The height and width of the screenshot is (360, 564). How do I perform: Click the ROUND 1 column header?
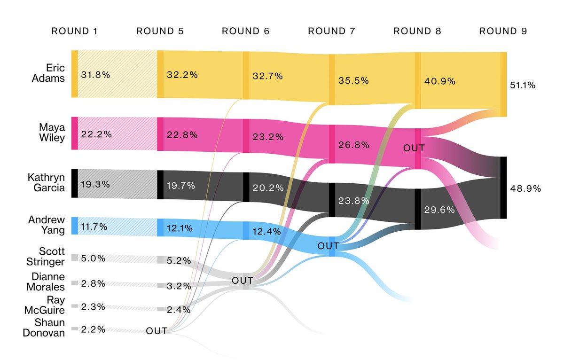[x=74, y=31]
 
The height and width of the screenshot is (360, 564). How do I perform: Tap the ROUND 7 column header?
[x=331, y=31]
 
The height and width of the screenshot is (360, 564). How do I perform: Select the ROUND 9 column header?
[x=503, y=31]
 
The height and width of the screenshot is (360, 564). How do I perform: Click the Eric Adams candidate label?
[x=52, y=73]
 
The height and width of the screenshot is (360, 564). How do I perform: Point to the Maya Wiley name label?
[x=52, y=133]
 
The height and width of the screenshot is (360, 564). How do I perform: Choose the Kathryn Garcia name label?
[x=47, y=184]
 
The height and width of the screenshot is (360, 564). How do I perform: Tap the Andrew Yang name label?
[x=47, y=225]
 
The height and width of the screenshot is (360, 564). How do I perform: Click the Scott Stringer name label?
[x=49, y=257]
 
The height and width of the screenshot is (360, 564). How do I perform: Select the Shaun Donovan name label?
[x=49, y=329]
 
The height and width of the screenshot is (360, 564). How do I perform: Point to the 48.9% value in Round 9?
[x=525, y=188]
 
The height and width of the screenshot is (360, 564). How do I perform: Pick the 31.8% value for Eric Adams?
[x=96, y=75]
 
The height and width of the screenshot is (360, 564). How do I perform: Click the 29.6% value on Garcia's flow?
[x=439, y=210]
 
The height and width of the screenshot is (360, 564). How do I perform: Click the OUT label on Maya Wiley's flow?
[x=414, y=148]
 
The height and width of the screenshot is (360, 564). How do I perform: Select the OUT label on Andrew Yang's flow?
[x=328, y=246]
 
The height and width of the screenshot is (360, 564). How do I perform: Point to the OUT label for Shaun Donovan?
[x=157, y=331]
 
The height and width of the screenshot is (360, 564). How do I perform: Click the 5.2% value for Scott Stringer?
[x=179, y=260]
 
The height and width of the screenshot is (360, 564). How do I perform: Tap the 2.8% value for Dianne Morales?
[x=93, y=283]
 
